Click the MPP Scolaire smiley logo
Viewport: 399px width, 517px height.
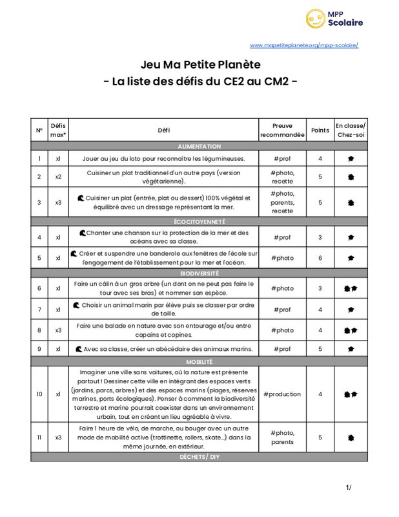(x=314, y=18)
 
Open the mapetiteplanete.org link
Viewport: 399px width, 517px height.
(x=303, y=45)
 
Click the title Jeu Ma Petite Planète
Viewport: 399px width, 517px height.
(x=201, y=65)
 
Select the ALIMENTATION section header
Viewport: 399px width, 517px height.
(x=199, y=147)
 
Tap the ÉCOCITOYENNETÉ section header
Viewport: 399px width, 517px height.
(x=199, y=221)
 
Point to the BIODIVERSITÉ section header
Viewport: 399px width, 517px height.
(x=199, y=273)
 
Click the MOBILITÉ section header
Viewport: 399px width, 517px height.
(x=199, y=362)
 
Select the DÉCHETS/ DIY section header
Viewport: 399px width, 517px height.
(x=199, y=457)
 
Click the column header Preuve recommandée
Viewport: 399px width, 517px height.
(x=282, y=131)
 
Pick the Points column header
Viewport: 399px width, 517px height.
(x=320, y=131)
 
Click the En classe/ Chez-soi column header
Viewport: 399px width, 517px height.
(x=351, y=131)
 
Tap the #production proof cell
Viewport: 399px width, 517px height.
(x=282, y=394)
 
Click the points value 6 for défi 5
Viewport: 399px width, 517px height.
(x=320, y=258)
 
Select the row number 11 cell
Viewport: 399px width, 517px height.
(x=39, y=438)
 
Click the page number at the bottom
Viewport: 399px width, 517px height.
(x=349, y=487)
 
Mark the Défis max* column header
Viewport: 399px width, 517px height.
(x=58, y=131)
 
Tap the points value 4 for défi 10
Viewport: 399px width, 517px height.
(x=320, y=394)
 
